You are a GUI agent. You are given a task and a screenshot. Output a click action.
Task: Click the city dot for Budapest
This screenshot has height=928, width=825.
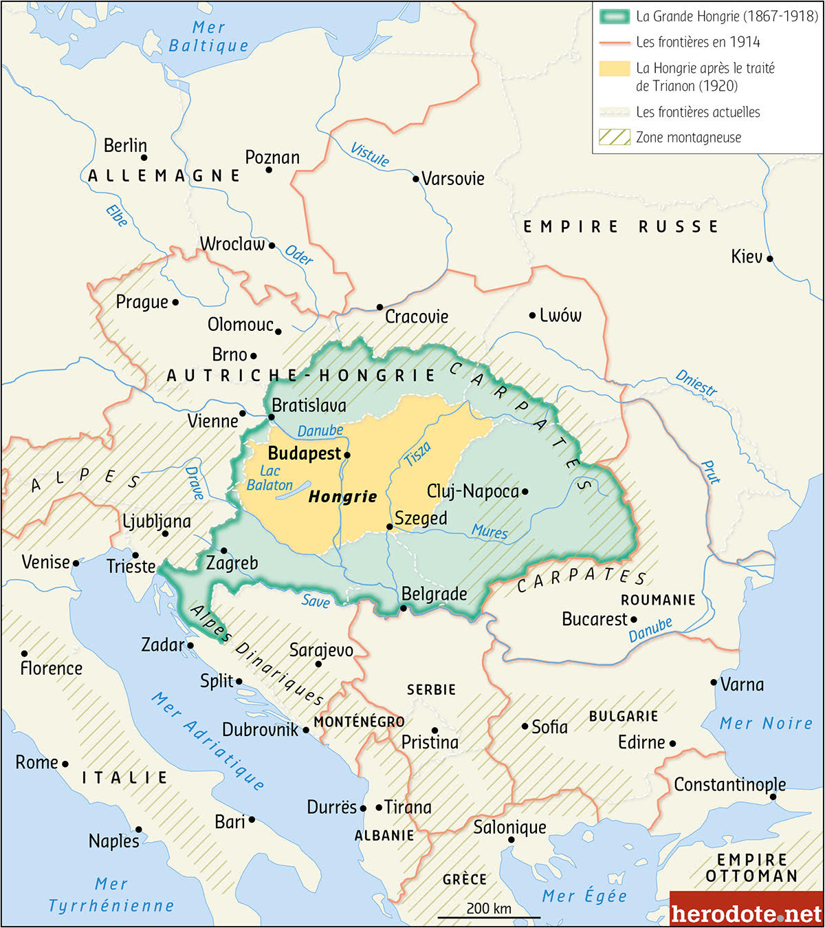[x=347, y=455]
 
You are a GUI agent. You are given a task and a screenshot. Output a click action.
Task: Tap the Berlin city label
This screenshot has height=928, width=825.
[x=125, y=146]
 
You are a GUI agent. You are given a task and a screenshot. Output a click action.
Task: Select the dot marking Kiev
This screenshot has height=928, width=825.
[x=770, y=259]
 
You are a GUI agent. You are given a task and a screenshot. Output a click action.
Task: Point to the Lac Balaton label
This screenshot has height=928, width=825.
[x=269, y=478]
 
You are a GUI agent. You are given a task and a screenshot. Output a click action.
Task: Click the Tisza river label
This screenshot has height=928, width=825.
[x=418, y=454]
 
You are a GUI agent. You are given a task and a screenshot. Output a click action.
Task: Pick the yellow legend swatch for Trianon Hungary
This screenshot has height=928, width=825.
[x=614, y=68]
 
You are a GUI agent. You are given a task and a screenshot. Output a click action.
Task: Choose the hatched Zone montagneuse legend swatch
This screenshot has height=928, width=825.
[x=614, y=137]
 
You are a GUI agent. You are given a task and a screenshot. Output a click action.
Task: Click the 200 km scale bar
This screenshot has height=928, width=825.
[x=489, y=916]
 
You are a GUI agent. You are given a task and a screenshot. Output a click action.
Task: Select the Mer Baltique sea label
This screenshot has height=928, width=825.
[x=208, y=36]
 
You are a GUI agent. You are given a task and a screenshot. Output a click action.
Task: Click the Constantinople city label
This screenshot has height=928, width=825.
[x=729, y=784]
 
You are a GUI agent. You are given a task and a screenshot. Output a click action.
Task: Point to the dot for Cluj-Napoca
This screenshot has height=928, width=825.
[x=525, y=491]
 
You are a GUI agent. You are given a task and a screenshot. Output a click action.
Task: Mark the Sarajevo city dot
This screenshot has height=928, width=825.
[x=318, y=664]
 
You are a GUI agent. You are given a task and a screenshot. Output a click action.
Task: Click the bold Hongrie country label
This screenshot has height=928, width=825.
[x=342, y=497]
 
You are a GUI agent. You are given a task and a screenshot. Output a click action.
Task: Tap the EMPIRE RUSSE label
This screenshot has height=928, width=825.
[x=621, y=226]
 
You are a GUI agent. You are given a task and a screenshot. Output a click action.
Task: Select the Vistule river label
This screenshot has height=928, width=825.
[x=370, y=155]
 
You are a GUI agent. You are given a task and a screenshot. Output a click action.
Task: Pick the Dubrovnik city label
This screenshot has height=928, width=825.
[x=260, y=730]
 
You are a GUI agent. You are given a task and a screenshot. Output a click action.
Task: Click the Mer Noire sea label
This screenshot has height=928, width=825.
[x=766, y=723]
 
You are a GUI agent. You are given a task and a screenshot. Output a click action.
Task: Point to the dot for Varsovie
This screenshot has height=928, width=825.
[x=416, y=179]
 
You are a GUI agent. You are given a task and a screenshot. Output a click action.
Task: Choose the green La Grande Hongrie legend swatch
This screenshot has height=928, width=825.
[x=614, y=17]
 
